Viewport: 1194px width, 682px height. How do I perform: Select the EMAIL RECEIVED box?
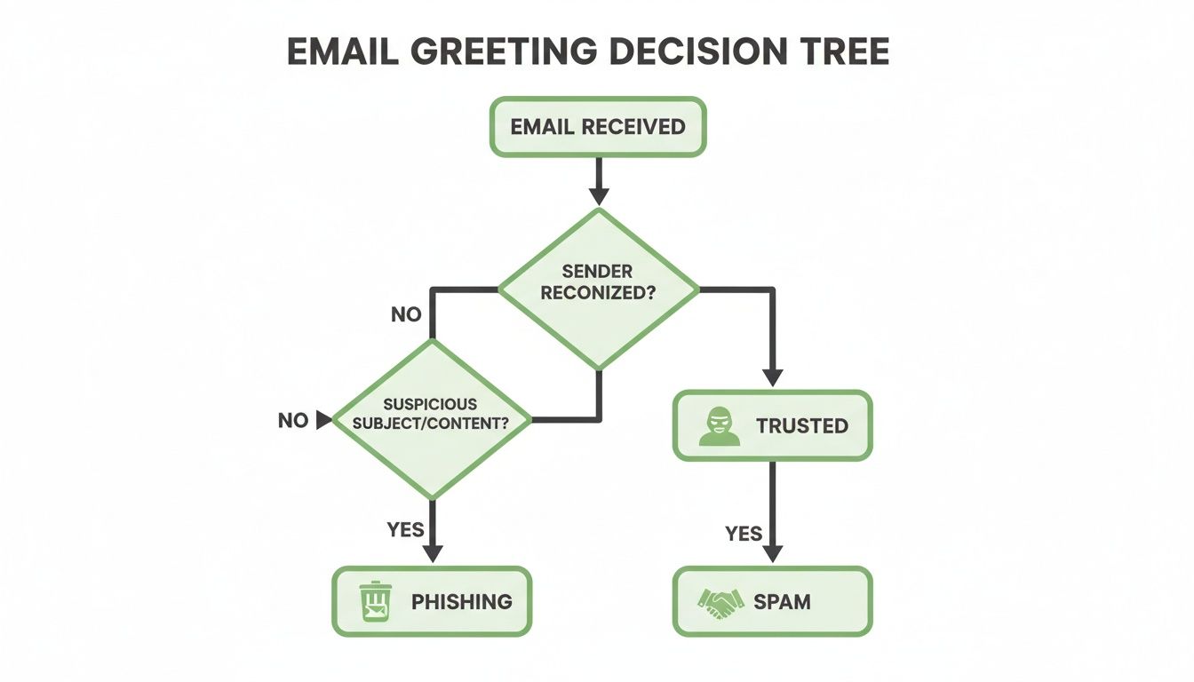[598, 126]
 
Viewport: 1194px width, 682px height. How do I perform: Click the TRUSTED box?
[772, 425]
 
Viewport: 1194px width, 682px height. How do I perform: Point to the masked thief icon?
[719, 426]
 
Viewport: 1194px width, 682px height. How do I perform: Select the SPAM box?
[772, 601]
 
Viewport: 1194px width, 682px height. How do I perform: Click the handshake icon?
[720, 602]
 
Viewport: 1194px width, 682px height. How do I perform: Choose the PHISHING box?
[431, 601]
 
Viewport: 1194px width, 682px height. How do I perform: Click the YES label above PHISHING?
[406, 530]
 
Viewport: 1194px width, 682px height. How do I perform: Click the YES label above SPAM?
[744, 533]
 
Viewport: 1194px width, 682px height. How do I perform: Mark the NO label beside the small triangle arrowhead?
[292, 421]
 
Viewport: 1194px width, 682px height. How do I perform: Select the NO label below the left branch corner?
[406, 314]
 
